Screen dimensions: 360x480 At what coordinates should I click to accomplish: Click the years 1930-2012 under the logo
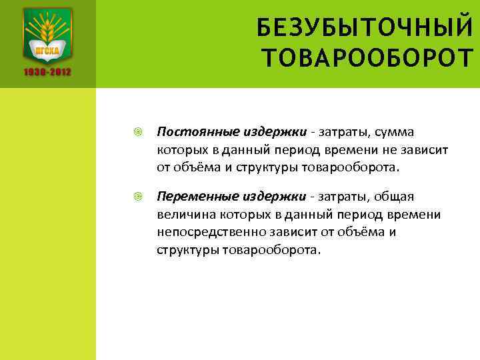pos(48,72)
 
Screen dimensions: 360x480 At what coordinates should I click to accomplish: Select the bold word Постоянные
pos(189,132)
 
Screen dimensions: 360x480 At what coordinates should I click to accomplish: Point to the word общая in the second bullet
pos(397,197)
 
